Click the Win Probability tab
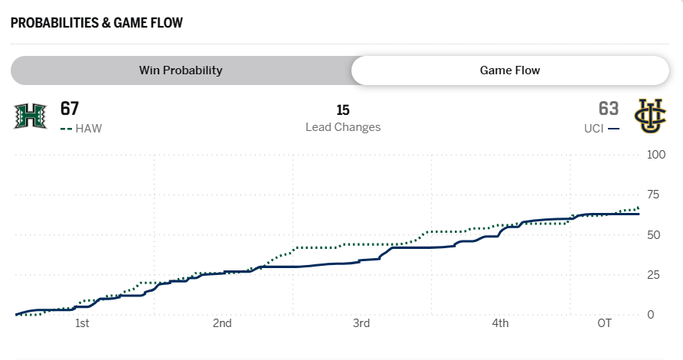pos(181,70)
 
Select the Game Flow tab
pos(510,70)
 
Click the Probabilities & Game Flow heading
pos(96,22)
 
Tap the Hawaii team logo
pos(30,116)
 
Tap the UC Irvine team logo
pos(651,116)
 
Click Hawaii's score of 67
pos(70,109)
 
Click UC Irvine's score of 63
pos(609,109)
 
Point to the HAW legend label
pos(89,129)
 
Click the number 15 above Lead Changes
pos(342,110)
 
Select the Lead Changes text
pos(342,127)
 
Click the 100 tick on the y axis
pos(656,155)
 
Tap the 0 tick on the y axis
pos(650,314)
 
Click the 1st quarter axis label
pos(82,324)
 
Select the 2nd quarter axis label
pos(222,324)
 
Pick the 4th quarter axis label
pos(500,324)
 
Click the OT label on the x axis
pos(605,324)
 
